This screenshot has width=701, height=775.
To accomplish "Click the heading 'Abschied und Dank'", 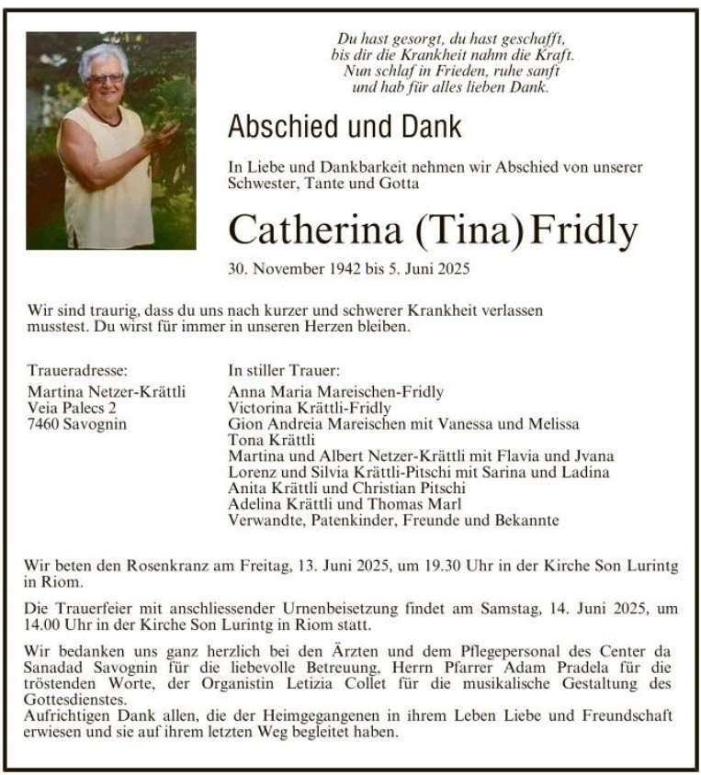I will click(345, 126).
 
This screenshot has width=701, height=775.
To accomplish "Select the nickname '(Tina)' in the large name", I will click(469, 230).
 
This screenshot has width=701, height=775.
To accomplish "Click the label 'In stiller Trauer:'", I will click(284, 371).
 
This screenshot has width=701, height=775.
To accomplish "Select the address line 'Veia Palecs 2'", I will click(73, 408).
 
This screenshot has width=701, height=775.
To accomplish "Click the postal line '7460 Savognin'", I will click(77, 423).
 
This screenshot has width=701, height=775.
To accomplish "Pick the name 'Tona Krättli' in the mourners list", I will click(266, 440).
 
